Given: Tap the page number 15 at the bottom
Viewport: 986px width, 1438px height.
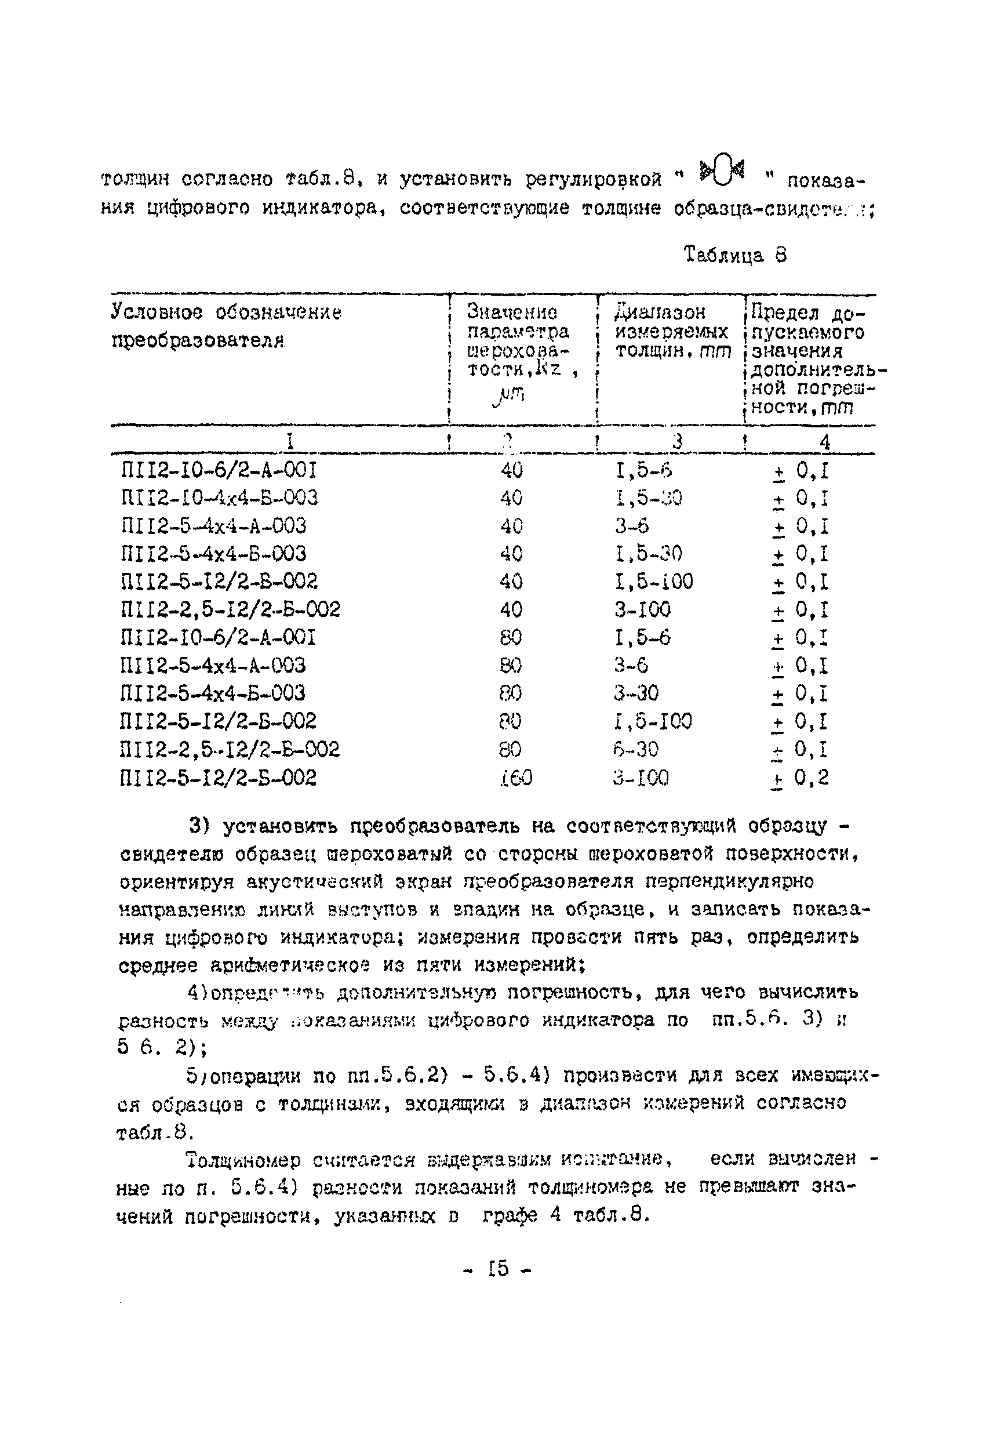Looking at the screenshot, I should pos(498,1269).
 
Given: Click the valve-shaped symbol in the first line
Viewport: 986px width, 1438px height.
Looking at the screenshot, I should pos(722,172).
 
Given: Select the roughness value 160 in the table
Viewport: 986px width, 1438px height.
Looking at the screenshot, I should pos(515,778).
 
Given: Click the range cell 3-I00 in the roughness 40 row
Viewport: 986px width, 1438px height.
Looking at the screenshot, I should pos(642,610).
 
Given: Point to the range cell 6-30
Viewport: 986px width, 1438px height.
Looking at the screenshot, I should pos(636,749).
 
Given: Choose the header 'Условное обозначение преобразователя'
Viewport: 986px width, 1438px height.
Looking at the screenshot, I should pos(226,326).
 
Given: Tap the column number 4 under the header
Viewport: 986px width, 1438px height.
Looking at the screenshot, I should pos(824,442).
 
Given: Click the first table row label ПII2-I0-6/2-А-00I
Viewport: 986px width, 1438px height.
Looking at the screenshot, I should pos(219,471).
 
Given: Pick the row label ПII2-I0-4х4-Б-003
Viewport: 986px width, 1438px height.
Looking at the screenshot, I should pos(220,498).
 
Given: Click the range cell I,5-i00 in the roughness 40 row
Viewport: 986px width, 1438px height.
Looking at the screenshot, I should pos(654,582).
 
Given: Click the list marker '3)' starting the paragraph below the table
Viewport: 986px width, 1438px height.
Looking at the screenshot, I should pos(201,826).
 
